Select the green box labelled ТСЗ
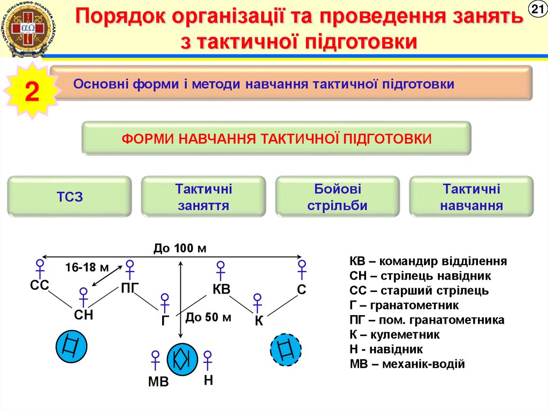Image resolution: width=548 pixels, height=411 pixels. coord(70,197)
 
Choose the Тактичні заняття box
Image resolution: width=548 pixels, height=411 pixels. coord(203,197)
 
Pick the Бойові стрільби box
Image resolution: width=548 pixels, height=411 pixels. coord(337,197)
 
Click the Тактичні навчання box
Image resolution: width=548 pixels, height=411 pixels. coord(471,197)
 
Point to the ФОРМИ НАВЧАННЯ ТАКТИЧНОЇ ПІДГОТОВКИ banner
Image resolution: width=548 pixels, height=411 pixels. coord(276,138)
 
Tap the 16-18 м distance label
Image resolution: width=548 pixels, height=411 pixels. coord(87,267)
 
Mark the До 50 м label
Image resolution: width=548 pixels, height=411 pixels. coord(209,317)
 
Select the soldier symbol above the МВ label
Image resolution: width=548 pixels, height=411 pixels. coord(156,360)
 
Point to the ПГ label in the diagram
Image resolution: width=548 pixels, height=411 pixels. coord(130,290)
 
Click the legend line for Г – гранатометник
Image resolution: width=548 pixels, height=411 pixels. coord(404,305)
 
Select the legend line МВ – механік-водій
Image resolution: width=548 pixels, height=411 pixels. coord(407,364)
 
